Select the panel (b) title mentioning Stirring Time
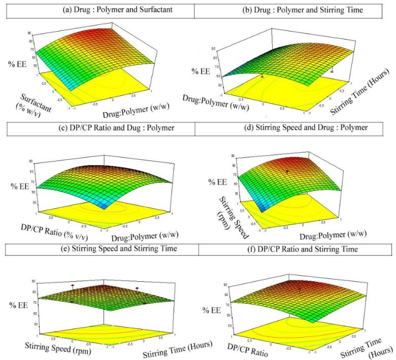pos(294,9)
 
